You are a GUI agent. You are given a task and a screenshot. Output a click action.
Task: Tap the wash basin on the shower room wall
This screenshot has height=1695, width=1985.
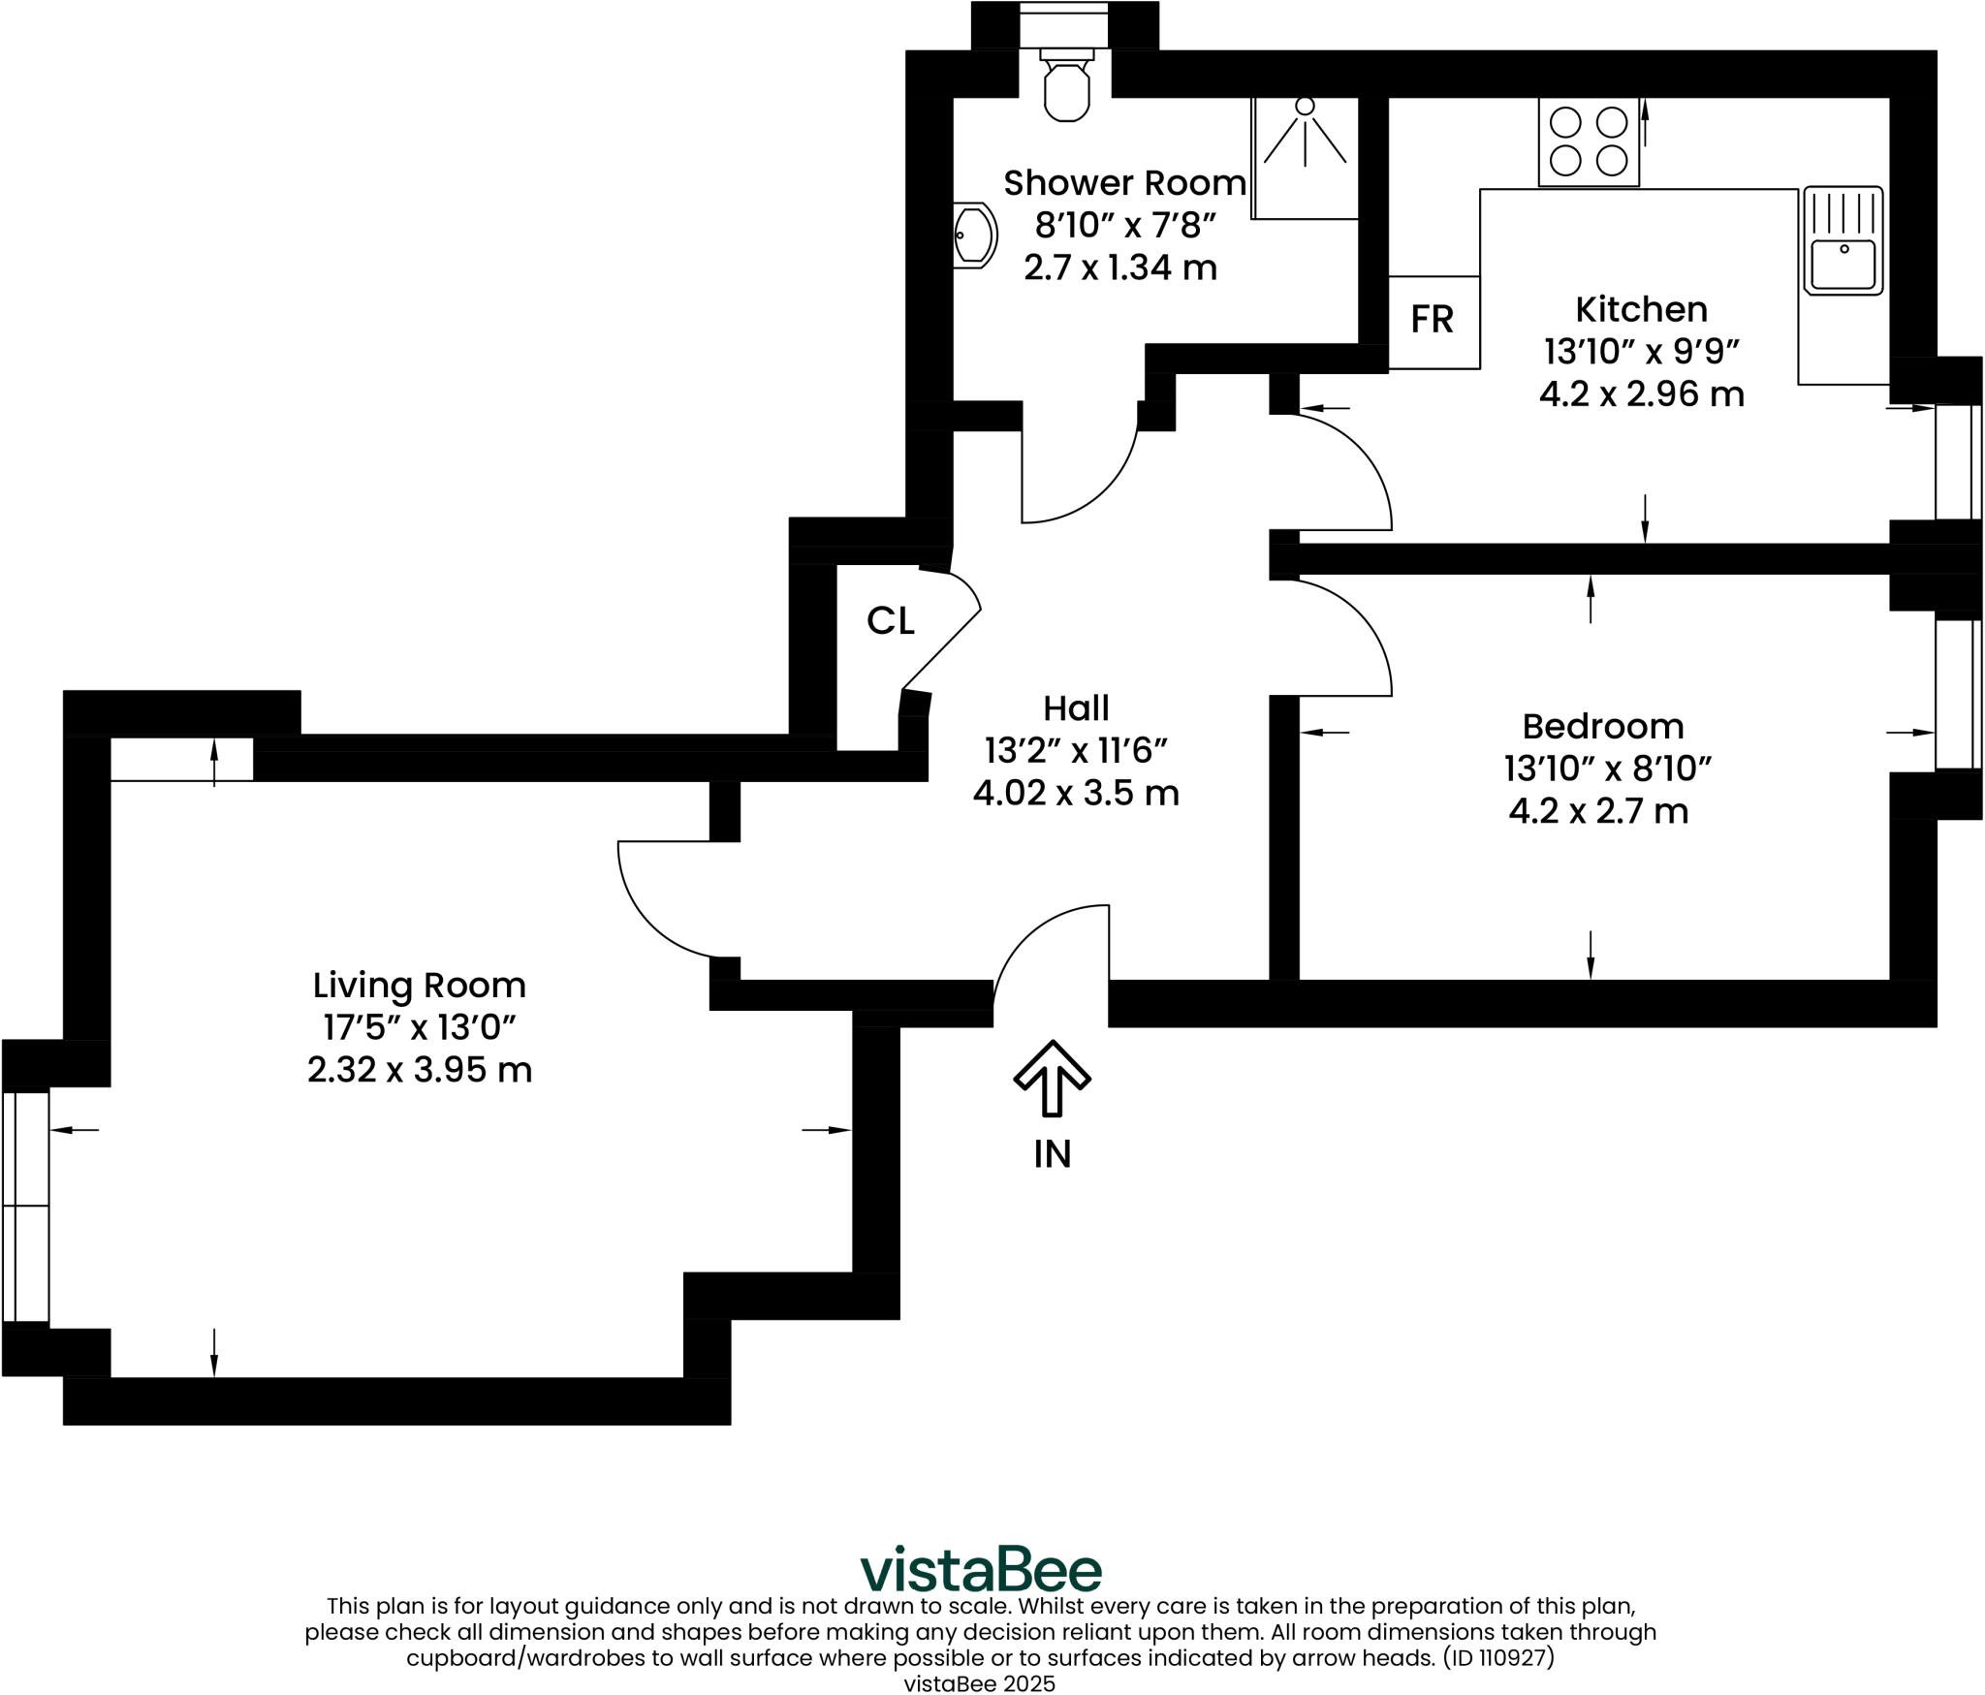tap(975, 235)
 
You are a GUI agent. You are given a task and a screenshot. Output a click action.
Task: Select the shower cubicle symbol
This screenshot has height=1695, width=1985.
tap(1305, 158)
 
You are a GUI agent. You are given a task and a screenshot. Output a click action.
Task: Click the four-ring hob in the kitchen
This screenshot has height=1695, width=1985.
tap(1589, 141)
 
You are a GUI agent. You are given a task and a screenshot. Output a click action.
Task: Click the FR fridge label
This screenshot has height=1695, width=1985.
tap(1432, 320)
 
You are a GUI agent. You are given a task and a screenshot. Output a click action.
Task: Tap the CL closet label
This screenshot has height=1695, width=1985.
tap(890, 621)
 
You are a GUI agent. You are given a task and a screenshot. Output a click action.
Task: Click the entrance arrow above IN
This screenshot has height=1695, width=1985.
tap(1053, 1078)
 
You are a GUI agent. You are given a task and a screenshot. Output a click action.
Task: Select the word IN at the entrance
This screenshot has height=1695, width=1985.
tap(1053, 1154)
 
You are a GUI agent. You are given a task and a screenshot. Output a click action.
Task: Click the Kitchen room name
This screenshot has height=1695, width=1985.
tap(1641, 309)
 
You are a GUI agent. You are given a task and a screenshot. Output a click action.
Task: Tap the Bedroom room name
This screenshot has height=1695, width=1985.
tap(1602, 726)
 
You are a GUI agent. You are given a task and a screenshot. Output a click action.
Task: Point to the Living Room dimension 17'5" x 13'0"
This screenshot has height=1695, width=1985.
tap(419, 1027)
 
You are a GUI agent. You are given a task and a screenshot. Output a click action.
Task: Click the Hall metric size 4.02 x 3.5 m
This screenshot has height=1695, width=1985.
tap(1076, 794)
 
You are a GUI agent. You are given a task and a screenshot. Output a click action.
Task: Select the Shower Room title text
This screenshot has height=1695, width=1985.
tap(1124, 182)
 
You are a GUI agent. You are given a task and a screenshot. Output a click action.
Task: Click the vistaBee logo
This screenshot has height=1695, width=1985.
tap(981, 1569)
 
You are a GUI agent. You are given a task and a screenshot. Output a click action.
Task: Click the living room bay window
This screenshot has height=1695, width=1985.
tap(25, 1207)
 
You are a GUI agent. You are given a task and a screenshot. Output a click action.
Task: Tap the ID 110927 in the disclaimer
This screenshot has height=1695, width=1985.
tap(1497, 1657)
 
